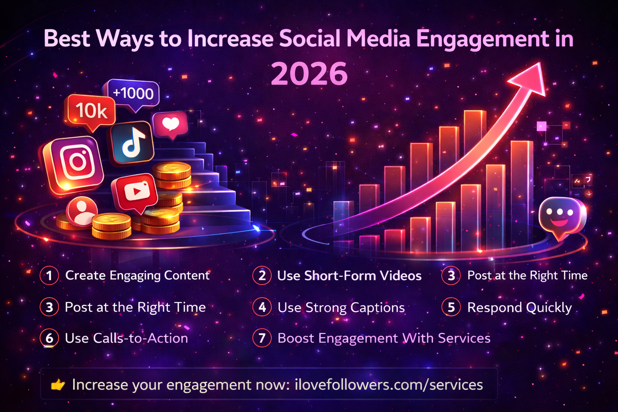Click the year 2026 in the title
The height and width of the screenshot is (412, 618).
[x=309, y=74]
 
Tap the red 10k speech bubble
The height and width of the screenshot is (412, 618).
[x=91, y=110]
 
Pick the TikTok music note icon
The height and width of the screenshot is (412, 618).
[x=133, y=143]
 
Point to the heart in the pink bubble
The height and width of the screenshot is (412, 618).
[x=171, y=124]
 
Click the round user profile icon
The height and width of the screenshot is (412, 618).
[x=82, y=211]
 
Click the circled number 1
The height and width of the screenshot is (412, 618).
[x=49, y=276]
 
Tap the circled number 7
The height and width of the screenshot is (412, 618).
[x=262, y=338]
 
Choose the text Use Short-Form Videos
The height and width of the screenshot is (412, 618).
[x=349, y=276]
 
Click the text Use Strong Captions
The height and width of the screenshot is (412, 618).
[x=341, y=307]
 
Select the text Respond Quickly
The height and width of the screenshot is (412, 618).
[x=519, y=307]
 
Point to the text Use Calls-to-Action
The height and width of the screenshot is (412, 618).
[x=126, y=338]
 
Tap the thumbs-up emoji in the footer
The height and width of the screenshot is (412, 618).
[x=58, y=385]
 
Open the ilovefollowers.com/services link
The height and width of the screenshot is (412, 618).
[x=389, y=385]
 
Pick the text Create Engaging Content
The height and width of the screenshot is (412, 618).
[x=137, y=276]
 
